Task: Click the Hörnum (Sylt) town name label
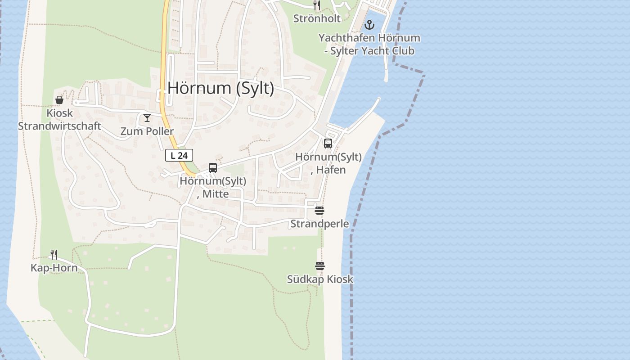220,88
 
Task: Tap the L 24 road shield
179,156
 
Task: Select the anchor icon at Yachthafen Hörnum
369,25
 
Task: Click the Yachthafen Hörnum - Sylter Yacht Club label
369,44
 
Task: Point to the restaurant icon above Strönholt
317,5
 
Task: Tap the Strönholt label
317,18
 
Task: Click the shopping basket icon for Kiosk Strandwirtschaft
59,100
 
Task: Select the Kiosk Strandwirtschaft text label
59,120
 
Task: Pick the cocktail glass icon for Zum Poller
147,118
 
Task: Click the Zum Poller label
147,131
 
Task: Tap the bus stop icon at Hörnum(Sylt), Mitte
213,168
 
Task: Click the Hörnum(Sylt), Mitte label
213,187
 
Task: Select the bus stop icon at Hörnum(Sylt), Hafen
328,144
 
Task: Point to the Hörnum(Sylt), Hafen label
328,163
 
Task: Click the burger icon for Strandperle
319,211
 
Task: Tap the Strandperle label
319,224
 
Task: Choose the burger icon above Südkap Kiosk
320,266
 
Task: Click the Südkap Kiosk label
320,279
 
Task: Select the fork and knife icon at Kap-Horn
54,255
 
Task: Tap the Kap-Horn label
54,268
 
